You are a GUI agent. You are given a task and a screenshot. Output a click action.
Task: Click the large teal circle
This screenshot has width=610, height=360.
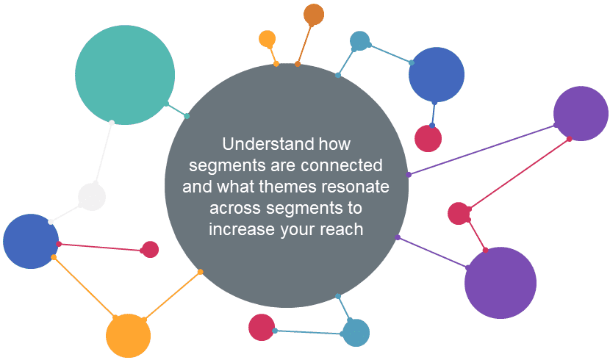pos(125,75)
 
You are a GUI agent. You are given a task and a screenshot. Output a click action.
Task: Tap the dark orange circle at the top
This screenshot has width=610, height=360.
pos(314,15)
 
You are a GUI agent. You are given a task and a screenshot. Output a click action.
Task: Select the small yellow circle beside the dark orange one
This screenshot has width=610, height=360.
pos(268,39)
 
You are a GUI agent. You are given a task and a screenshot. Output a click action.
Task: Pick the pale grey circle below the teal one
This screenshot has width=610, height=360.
pos(92,197)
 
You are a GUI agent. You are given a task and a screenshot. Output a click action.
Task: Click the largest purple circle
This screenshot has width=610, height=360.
pos(500,283)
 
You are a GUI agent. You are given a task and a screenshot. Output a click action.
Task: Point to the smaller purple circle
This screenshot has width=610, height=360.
pos(581,113)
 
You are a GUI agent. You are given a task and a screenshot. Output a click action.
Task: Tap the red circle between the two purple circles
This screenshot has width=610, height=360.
pos(459,214)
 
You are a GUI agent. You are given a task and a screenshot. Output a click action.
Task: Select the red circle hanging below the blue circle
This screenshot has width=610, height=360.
pos(428,138)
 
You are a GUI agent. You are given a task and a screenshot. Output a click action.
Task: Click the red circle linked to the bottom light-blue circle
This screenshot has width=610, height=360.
pos(262,328)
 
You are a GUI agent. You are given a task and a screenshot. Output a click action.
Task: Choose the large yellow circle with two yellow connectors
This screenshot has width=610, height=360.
pos(128,336)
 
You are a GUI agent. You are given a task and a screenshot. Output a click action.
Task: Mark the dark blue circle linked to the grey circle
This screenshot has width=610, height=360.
pos(31,241)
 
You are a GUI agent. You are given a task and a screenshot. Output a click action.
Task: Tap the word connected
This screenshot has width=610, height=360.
pos(342,165)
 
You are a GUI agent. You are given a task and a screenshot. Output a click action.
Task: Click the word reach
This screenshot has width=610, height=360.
pos(342,229)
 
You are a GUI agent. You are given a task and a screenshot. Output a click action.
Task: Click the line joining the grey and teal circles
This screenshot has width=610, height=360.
pos(176,110)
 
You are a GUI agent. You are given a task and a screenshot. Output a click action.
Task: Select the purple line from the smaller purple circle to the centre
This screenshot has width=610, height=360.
pos(482,150)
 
